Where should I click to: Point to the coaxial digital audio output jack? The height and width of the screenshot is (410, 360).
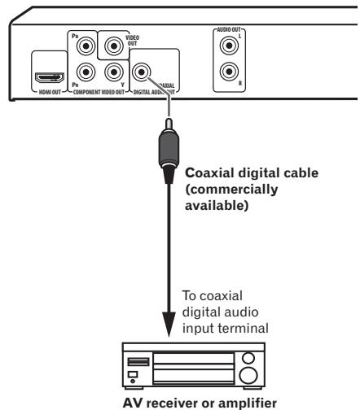click(x=145, y=73)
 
